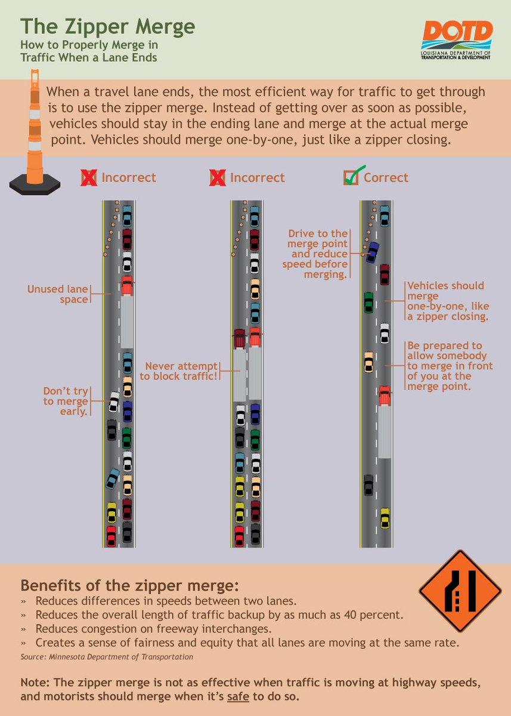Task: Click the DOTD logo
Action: click(x=456, y=40)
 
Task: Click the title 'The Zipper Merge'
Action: click(x=108, y=26)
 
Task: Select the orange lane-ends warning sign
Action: click(x=460, y=591)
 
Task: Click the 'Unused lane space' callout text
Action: click(x=58, y=294)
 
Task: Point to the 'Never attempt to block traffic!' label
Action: click(x=178, y=371)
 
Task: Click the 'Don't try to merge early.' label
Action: click(x=66, y=401)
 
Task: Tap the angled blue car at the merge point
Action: click(x=373, y=252)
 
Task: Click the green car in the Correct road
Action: click(x=368, y=302)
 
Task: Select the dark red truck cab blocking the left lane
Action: click(x=240, y=338)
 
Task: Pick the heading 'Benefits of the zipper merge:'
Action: click(x=129, y=585)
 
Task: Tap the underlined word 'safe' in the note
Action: click(x=238, y=696)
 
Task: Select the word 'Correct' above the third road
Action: click(x=386, y=177)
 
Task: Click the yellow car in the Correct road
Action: click(x=385, y=518)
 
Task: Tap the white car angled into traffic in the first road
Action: click(x=114, y=402)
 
